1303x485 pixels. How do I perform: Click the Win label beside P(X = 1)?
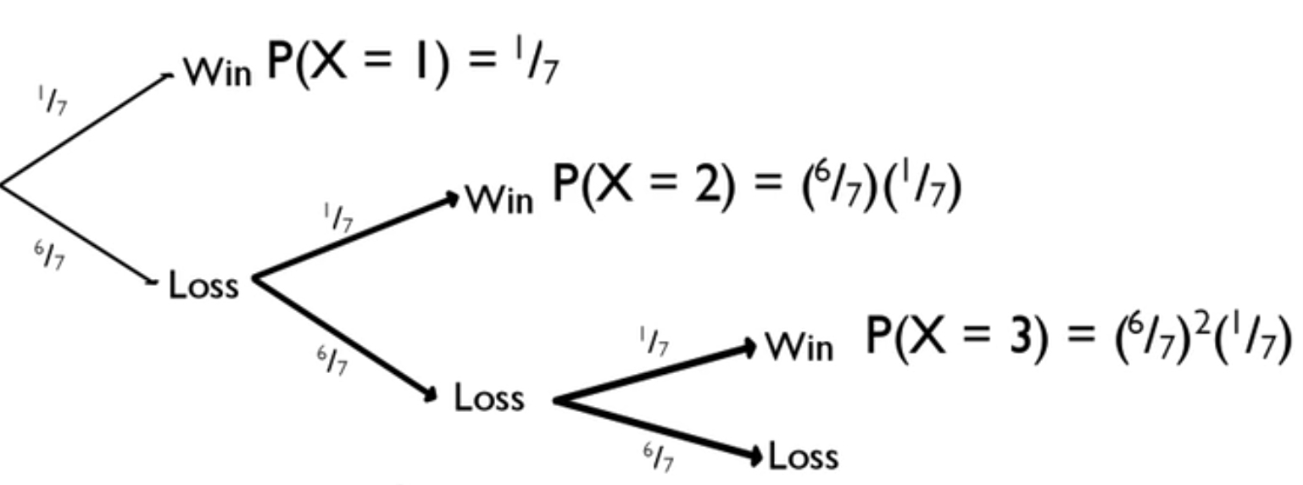[218, 73]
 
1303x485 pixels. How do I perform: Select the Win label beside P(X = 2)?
[500, 200]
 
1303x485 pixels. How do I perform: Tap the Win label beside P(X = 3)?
[799, 347]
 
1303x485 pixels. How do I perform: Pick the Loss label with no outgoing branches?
[803, 457]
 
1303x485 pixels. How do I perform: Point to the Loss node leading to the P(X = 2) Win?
[204, 285]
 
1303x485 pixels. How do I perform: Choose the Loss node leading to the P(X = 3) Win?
[488, 397]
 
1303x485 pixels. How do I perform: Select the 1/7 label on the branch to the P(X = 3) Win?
[654, 343]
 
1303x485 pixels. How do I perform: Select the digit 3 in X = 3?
[1022, 336]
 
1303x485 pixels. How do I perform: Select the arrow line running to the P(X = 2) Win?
[356, 237]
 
